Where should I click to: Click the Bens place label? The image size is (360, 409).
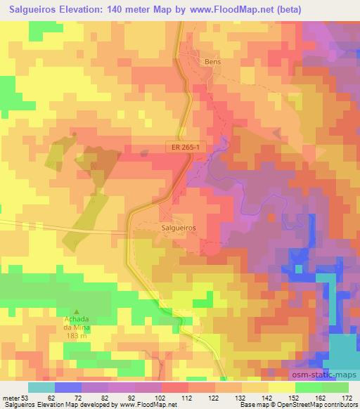pyautogui.click(x=212, y=62)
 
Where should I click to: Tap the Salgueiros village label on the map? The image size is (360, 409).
pyautogui.click(x=177, y=228)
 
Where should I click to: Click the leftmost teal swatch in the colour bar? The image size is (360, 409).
pyautogui.click(x=41, y=387)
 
